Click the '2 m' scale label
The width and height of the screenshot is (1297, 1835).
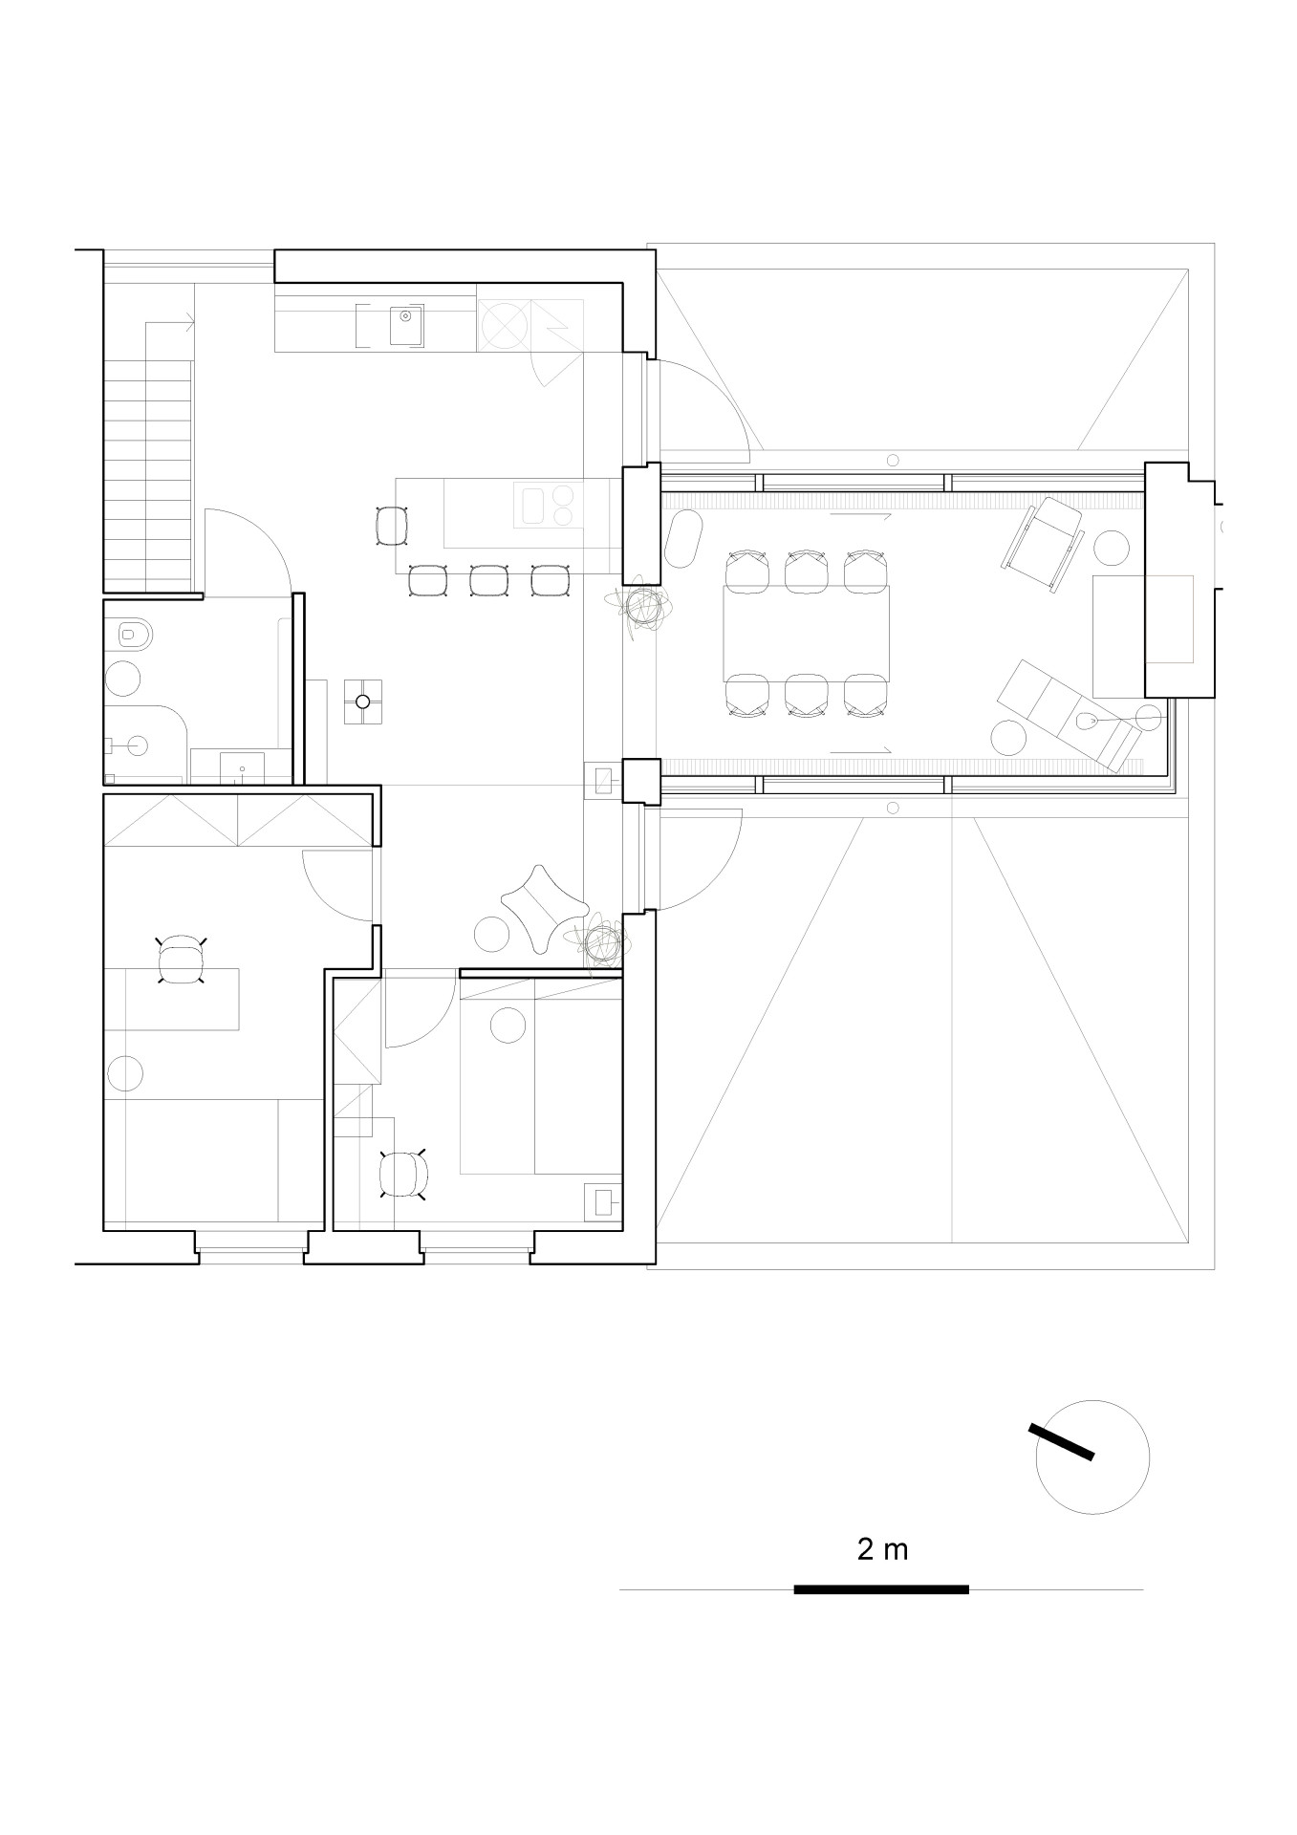[882, 1549]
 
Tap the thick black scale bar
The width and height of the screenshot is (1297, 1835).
[881, 1589]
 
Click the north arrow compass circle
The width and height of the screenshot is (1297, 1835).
[1092, 1457]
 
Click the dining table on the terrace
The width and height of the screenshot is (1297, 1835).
[808, 633]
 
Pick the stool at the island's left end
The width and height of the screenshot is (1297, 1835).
[393, 525]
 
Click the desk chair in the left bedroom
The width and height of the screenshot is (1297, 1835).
[181, 961]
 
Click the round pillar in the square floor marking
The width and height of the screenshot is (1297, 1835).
[362, 702]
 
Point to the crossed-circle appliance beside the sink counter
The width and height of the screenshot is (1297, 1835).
[504, 325]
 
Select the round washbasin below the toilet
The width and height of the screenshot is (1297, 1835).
[122, 678]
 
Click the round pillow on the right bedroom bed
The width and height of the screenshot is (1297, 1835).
[508, 1025]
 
